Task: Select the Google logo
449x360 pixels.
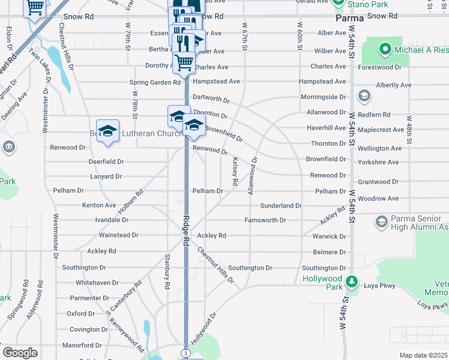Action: (20, 353)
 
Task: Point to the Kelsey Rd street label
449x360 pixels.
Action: (235, 171)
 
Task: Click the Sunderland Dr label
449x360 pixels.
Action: (281, 206)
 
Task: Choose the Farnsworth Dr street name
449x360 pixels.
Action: (265, 221)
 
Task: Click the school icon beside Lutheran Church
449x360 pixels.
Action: (107, 130)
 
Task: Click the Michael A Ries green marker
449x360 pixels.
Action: (384, 48)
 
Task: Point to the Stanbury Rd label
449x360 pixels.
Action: (168, 270)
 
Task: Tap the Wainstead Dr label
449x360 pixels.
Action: (118, 236)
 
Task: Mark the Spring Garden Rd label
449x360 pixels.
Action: (155, 82)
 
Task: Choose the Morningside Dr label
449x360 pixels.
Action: (323, 97)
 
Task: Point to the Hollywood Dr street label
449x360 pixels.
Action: (203, 329)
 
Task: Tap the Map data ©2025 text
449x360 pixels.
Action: (423, 355)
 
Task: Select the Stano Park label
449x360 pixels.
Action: (368, 4)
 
